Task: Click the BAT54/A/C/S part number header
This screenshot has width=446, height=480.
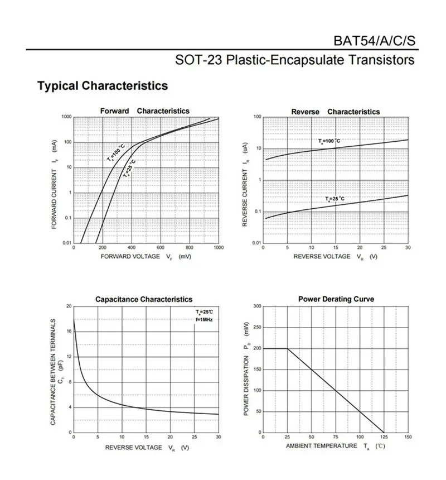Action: coord(375,41)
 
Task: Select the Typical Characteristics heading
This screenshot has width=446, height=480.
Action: coord(102,86)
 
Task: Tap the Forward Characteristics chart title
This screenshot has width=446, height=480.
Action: coord(144,111)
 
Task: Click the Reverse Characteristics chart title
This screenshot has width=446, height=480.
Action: coord(335,112)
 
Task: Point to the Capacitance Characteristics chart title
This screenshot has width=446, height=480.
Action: coord(144,299)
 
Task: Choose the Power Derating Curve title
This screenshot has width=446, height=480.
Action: coord(336,299)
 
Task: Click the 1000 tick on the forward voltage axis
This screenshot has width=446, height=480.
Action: coord(218,247)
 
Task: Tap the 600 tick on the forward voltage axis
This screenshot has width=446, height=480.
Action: coord(161,247)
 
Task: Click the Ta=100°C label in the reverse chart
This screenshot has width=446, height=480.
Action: coord(329,141)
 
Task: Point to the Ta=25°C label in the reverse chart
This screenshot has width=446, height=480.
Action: coord(335,199)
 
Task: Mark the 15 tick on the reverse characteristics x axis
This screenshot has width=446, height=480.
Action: coord(335,247)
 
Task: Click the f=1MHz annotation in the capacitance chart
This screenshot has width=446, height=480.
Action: coord(204,319)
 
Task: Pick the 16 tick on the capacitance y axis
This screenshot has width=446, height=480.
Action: coord(69,332)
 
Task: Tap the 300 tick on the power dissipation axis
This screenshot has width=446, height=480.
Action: coord(258,306)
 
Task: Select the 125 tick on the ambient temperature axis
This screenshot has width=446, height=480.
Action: coord(384,436)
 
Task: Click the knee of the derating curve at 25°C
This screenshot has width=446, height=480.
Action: coord(287,348)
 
